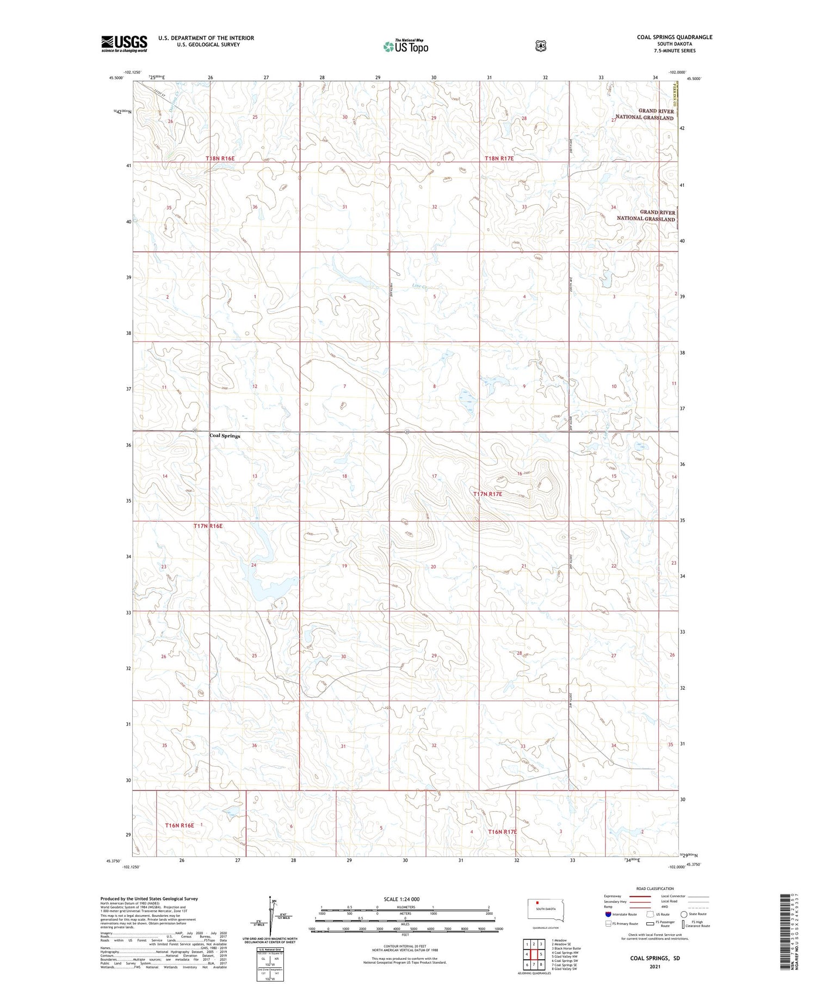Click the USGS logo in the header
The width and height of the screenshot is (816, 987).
pos(124,44)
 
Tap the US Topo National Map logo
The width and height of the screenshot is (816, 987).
pos(406,46)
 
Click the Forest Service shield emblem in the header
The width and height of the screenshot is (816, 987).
pos(540,46)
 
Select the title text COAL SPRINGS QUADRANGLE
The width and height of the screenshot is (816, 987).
pos(674,37)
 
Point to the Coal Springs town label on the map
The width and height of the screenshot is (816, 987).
pos(225,436)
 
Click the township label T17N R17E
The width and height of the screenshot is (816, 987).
pos(487,494)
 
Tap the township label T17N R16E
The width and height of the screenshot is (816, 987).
pos(208,526)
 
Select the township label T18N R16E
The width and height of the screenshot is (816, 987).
pos(220,158)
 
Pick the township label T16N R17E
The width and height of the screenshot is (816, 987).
pos(502,832)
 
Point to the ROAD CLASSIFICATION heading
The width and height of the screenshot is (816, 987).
pos(655,888)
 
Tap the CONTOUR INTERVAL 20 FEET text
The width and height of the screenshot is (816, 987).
pos(405,947)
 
